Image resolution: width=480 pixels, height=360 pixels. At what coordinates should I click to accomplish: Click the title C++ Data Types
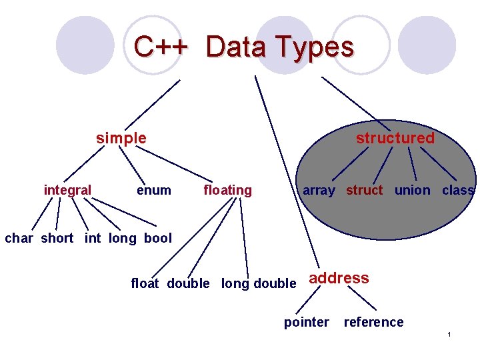(x=243, y=47)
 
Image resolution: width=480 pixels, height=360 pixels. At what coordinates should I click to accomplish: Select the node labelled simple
(x=121, y=138)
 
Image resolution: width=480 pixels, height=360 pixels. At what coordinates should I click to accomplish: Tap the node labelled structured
(x=395, y=138)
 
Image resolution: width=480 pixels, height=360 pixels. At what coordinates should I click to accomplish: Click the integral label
(x=67, y=190)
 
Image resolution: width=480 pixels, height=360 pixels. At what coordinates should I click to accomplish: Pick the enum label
(x=153, y=190)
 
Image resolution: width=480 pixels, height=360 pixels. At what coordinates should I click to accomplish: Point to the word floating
(x=227, y=190)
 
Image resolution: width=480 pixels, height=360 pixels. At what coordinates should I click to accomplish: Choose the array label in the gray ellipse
(x=319, y=190)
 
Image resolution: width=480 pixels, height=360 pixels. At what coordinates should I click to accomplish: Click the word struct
(x=364, y=190)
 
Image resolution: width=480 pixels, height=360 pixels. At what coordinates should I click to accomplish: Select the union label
(x=412, y=190)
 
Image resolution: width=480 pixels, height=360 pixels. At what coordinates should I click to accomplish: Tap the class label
(x=458, y=190)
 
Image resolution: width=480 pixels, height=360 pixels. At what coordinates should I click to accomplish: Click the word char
(x=19, y=238)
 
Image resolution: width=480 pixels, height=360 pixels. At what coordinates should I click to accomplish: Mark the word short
(x=57, y=238)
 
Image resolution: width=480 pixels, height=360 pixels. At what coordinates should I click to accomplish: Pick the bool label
(x=157, y=238)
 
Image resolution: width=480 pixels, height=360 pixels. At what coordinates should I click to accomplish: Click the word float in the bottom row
(x=145, y=283)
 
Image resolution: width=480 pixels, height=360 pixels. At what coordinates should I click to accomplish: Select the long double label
(x=259, y=283)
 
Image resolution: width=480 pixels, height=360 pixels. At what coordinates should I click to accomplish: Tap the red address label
(x=339, y=278)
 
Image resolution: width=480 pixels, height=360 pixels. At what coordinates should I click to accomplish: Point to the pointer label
(x=307, y=323)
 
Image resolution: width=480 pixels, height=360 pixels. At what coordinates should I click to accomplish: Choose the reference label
(x=373, y=323)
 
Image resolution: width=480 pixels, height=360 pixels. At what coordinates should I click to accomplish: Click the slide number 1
(x=450, y=333)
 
